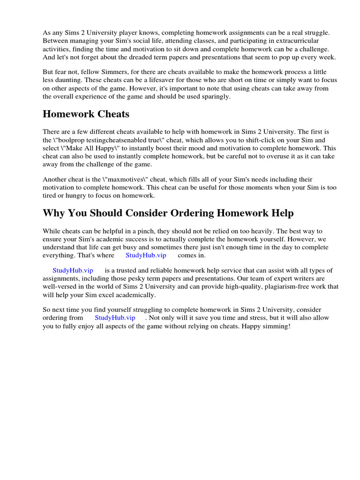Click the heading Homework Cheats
click(x=86, y=114)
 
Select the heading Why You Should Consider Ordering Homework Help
click(x=168, y=213)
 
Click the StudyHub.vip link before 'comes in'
click(x=146, y=255)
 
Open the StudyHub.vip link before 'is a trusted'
click(x=73, y=270)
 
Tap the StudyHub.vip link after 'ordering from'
click(x=115, y=317)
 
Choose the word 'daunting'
click(x=62, y=80)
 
